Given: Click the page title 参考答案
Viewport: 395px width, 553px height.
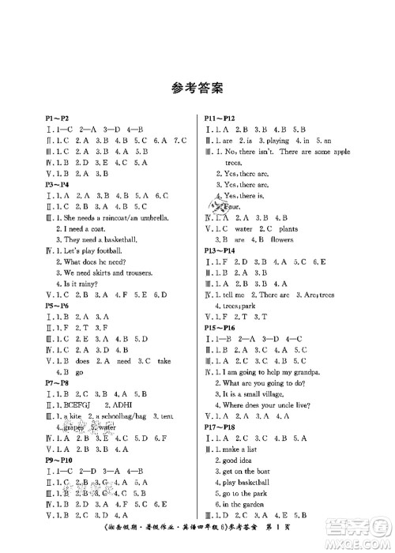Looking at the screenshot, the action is click(197, 87).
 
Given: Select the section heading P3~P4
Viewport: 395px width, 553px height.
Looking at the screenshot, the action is click(57, 182).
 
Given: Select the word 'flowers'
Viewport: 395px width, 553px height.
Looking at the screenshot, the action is click(286, 239).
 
